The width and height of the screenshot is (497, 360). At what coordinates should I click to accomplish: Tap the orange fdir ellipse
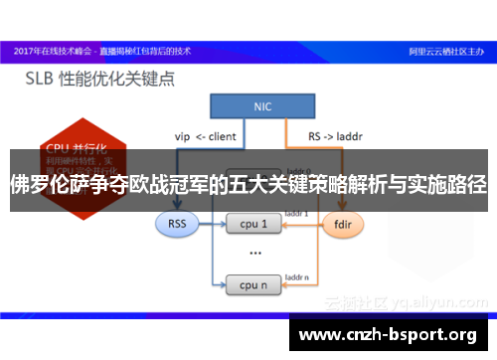pyautogui.click(x=341, y=225)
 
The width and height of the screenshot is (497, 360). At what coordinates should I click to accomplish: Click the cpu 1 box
pyautogui.click(x=253, y=225)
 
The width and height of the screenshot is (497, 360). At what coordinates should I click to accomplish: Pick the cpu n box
pyautogui.click(x=253, y=285)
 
